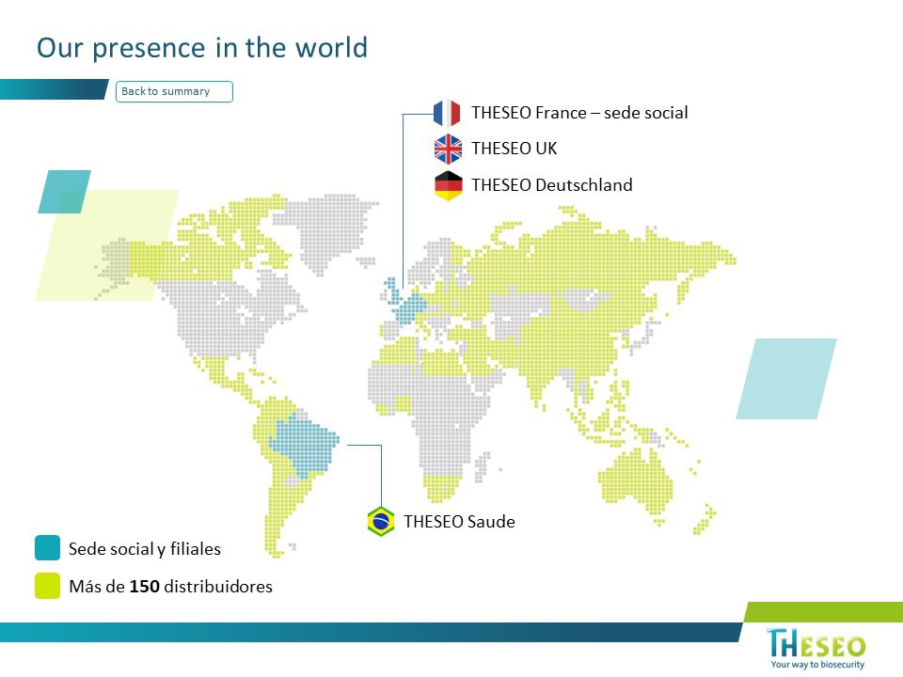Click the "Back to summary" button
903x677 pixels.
click(x=174, y=91)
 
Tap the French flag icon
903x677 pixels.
click(x=447, y=113)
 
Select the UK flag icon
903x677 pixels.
click(x=448, y=150)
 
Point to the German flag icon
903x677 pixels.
click(x=448, y=185)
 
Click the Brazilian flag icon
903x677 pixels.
click(x=381, y=522)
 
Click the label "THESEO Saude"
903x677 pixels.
click(x=460, y=522)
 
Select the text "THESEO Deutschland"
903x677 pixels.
click(x=552, y=185)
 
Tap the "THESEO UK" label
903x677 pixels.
click(x=515, y=149)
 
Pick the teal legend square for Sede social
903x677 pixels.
click(x=47, y=548)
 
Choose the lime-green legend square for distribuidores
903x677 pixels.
click(x=47, y=586)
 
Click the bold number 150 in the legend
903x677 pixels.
click(x=145, y=587)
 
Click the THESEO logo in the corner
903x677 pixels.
click(x=816, y=643)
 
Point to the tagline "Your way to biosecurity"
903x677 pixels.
click(x=817, y=665)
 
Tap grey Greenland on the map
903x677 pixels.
click(x=325, y=230)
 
